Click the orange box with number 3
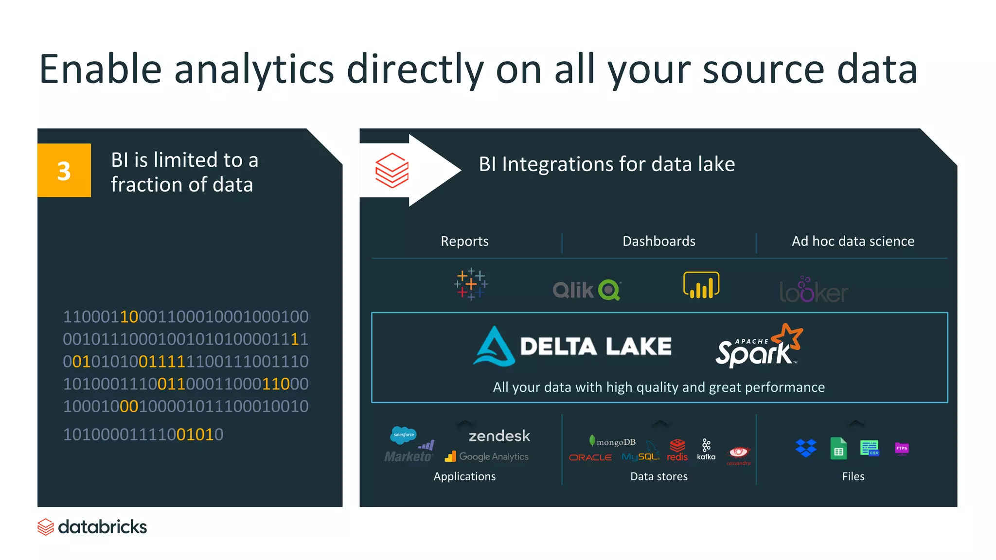tap(64, 170)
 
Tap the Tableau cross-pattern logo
tap(471, 284)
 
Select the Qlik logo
tap(587, 290)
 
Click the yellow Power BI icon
tap(701, 285)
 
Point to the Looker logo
tap(813, 291)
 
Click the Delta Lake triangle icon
tap(494, 346)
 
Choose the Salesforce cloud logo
tap(403, 434)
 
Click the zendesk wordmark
tap(499, 436)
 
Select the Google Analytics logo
tap(486, 456)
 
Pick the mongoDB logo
tap(612, 442)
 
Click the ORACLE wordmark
tap(590, 457)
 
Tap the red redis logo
tap(677, 450)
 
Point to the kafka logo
tap(706, 450)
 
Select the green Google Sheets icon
tap(838, 448)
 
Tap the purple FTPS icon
tap(902, 448)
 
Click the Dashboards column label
tap(658, 241)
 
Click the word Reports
tap(464, 241)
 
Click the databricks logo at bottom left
tap(92, 527)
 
